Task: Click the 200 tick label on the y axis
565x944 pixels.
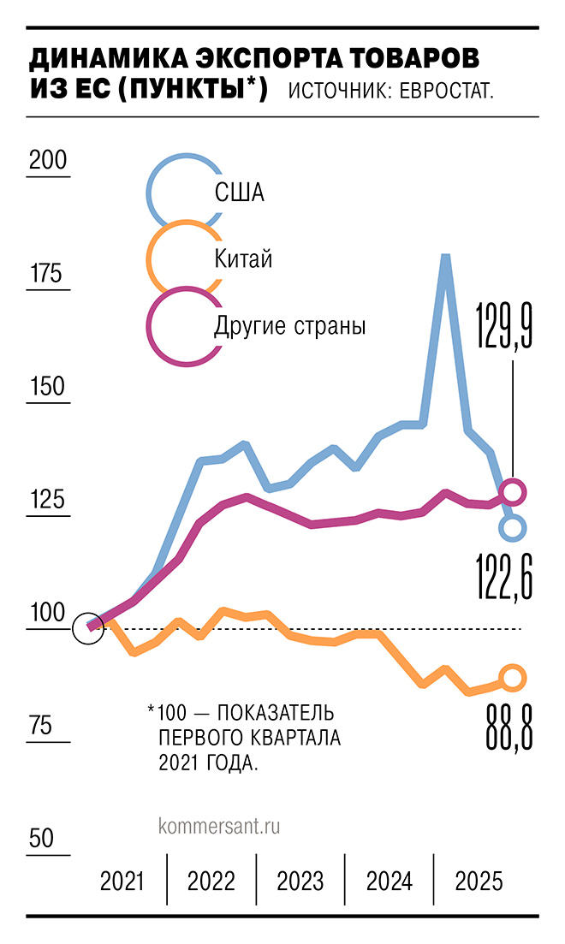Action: [47, 160]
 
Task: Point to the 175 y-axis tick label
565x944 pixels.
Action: [47, 274]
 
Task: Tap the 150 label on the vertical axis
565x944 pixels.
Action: [47, 387]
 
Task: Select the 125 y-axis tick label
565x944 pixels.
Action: [47, 500]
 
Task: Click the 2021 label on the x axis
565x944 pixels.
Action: [122, 881]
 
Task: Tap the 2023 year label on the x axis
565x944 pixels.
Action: [300, 881]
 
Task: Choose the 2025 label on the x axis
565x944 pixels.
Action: [479, 881]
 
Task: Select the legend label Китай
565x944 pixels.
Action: [243, 258]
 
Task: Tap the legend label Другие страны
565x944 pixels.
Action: [289, 325]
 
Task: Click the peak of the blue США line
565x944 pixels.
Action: [445, 256]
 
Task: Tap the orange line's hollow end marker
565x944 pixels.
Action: [512, 679]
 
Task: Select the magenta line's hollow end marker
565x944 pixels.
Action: [512, 490]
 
